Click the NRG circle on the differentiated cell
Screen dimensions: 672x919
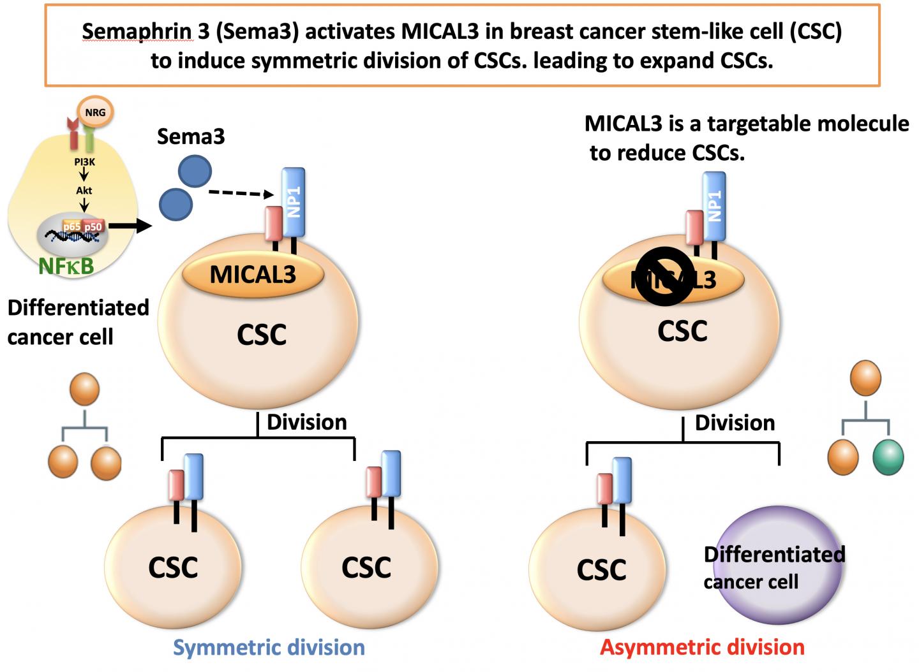point(95,113)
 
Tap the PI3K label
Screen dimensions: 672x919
point(84,162)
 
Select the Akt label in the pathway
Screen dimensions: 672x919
point(84,190)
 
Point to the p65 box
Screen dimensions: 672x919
point(71,226)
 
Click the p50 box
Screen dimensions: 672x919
point(93,226)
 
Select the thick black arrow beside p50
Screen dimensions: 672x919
point(131,226)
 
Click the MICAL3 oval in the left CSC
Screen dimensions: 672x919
point(253,275)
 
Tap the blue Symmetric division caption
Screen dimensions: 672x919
point(269,648)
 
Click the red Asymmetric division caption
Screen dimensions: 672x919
point(702,648)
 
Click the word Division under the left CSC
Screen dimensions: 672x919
point(306,422)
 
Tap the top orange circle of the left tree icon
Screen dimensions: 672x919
point(84,390)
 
